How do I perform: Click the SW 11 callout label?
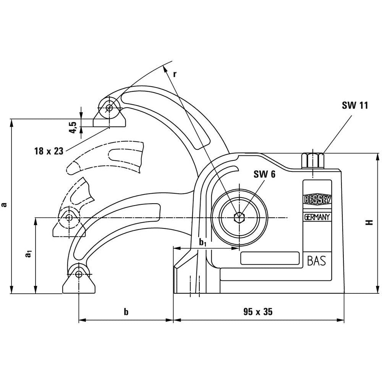[354, 105]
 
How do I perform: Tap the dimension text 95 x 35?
[258, 312]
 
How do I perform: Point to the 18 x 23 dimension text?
[48, 151]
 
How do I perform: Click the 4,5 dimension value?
[73, 126]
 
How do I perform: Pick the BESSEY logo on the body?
[317, 199]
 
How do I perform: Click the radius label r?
[175, 74]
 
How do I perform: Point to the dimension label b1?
[203, 242]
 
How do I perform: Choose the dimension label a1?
[28, 254]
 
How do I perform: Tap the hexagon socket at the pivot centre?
[239, 217]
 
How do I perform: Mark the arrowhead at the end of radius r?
[165, 68]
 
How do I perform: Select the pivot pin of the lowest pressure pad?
[79, 274]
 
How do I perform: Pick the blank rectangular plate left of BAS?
[270, 258]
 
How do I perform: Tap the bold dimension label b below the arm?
[126, 312]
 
